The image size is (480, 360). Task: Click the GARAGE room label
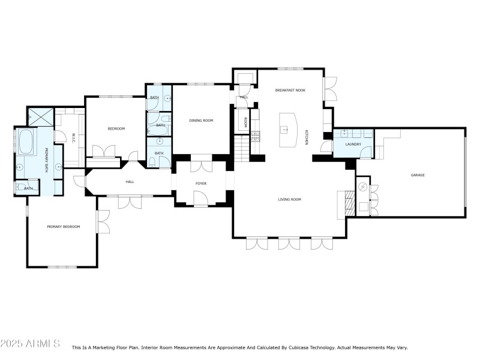click(418, 175)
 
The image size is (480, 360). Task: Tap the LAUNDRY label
click(353, 144)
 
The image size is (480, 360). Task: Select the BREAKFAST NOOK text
click(290, 90)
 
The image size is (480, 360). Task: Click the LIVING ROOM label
click(289, 199)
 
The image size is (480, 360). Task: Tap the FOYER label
click(201, 183)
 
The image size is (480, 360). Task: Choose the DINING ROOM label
click(201, 121)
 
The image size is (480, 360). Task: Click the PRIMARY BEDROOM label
click(64, 226)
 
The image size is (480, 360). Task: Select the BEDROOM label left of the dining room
click(116, 128)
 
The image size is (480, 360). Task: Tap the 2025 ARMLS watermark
click(30, 344)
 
